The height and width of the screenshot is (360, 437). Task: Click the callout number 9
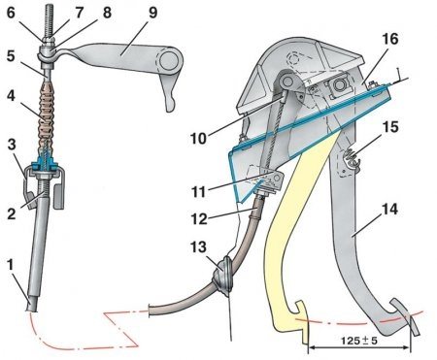pyautogui.click(x=151, y=13)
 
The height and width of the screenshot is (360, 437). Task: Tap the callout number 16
pyautogui.click(x=389, y=39)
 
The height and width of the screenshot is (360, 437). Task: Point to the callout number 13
pyautogui.click(x=198, y=247)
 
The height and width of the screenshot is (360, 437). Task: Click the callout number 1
pyautogui.click(x=11, y=266)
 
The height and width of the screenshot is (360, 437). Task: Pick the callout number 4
pyautogui.click(x=11, y=96)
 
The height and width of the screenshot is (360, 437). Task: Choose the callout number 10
pyautogui.click(x=198, y=139)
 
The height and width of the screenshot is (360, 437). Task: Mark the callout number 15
pyautogui.click(x=389, y=127)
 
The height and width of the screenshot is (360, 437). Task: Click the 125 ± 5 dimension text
pyautogui.click(x=359, y=341)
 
